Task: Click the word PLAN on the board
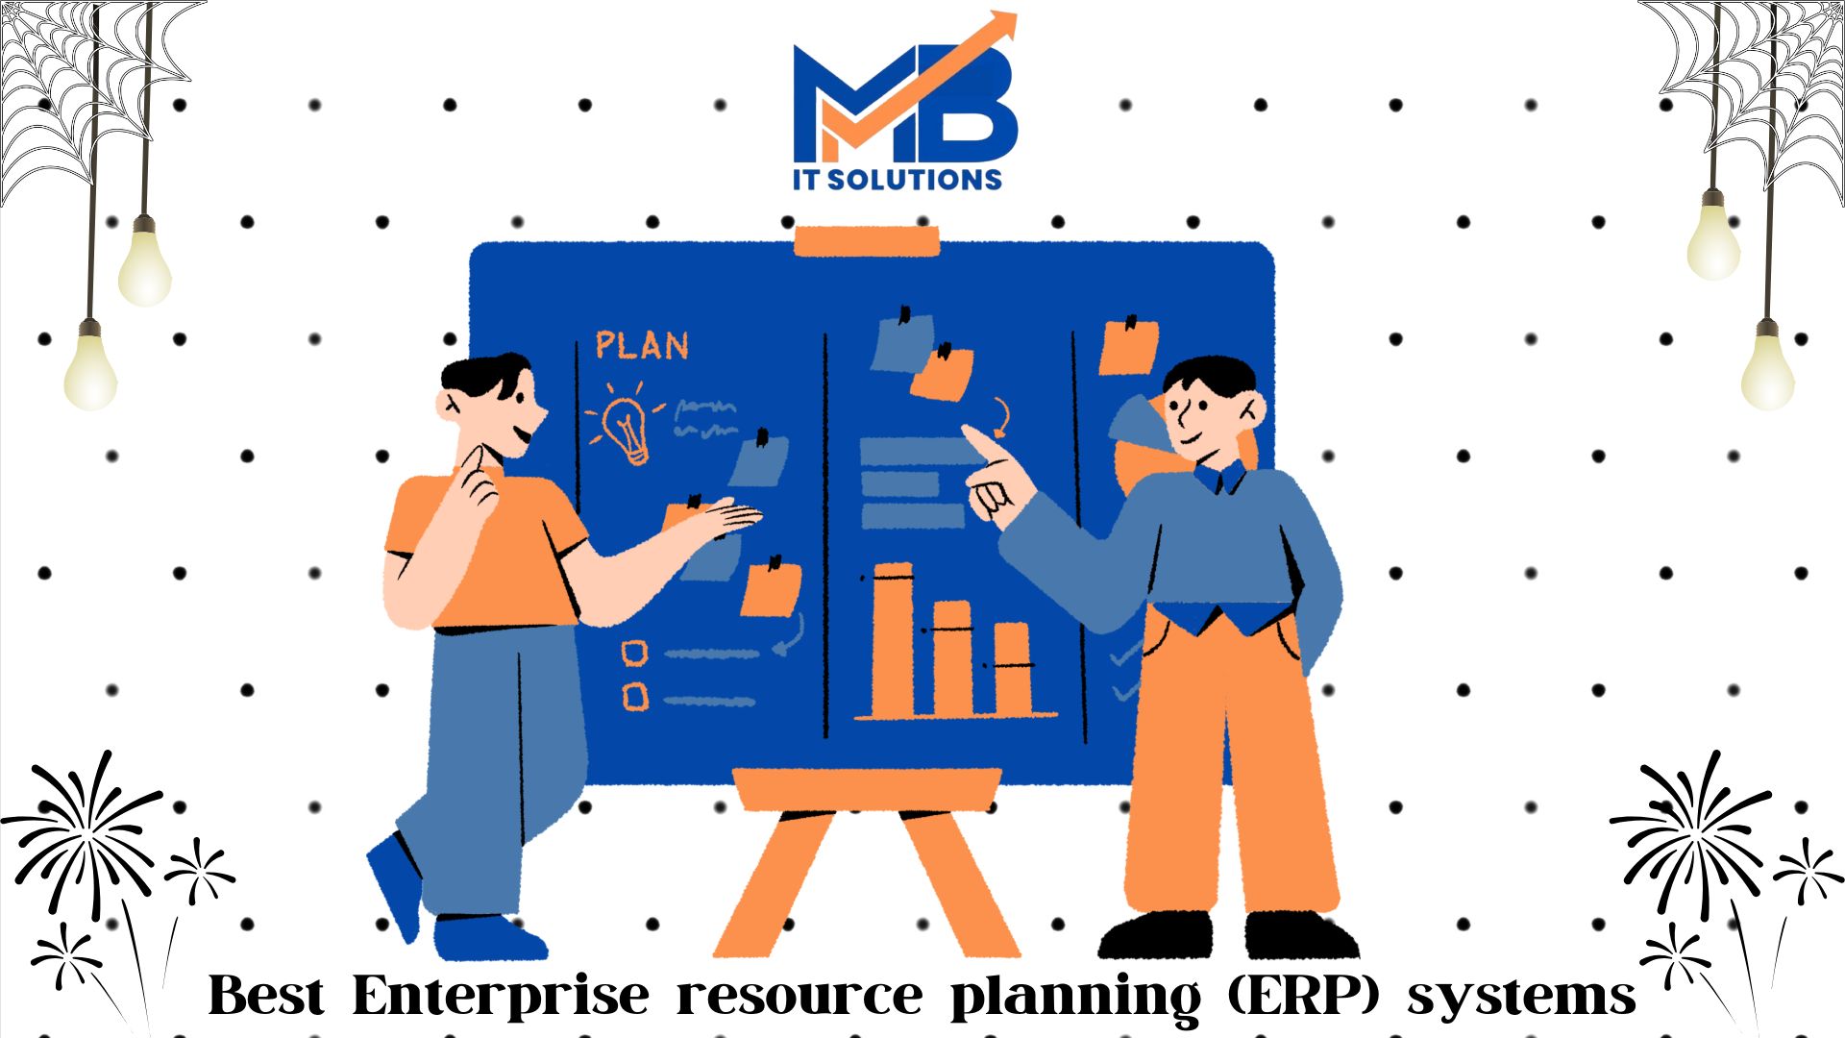coord(642,345)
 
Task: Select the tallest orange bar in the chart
coord(893,639)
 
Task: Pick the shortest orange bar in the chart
coord(1012,669)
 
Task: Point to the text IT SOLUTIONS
coord(898,179)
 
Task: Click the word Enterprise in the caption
coord(501,997)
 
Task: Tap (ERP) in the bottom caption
coord(1304,997)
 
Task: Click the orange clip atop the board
coord(867,241)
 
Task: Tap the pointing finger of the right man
coord(981,444)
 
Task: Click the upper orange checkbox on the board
coord(634,654)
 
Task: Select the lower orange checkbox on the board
coord(635,696)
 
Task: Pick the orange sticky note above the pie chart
coord(1128,346)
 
